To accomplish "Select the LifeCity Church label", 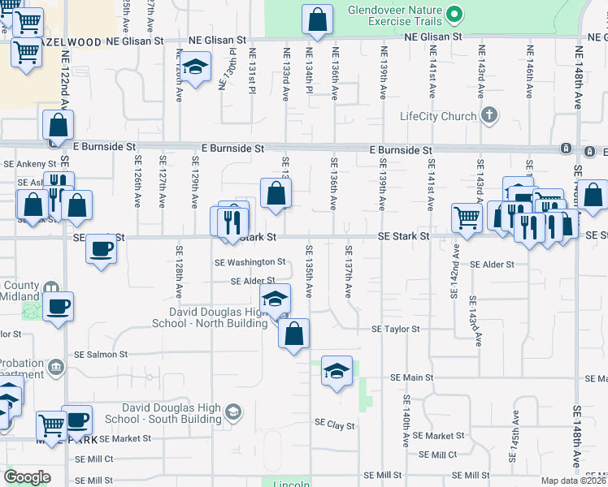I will click(x=437, y=116).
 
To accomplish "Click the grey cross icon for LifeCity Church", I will click(x=488, y=115).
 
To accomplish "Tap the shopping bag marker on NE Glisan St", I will click(x=317, y=20).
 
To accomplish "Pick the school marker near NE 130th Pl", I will click(x=195, y=68).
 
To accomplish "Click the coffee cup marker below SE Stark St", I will click(x=102, y=248).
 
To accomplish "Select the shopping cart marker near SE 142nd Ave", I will click(x=467, y=218).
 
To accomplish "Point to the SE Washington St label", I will click(x=250, y=262).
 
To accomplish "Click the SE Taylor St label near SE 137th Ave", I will click(x=395, y=329).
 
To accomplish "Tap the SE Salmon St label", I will click(x=101, y=354).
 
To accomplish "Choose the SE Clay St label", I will click(x=335, y=425).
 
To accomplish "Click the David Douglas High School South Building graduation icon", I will click(x=233, y=412).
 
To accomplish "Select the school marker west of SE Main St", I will click(x=337, y=372).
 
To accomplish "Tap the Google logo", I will click(x=27, y=477).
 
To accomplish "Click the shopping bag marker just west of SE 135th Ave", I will click(x=293, y=334).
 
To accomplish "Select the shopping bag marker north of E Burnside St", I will click(x=58, y=126).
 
